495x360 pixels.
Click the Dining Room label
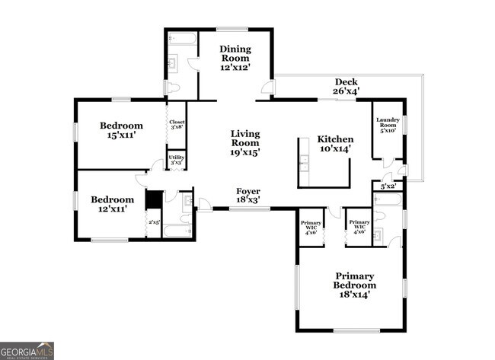235,59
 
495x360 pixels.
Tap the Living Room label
245,142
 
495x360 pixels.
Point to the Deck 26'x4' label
346,86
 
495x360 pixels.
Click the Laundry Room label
388,125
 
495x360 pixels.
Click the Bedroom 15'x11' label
121,130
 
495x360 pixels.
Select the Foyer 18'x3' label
247,196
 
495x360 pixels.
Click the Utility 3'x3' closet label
177,160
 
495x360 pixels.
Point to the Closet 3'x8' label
177,124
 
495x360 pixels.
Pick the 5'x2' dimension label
388,186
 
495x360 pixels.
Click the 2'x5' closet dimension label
155,222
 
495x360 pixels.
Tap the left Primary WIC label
311,227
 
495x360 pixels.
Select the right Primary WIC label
359,227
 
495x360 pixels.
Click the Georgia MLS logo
27,350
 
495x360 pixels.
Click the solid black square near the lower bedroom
154,199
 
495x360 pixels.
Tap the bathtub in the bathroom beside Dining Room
181,38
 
